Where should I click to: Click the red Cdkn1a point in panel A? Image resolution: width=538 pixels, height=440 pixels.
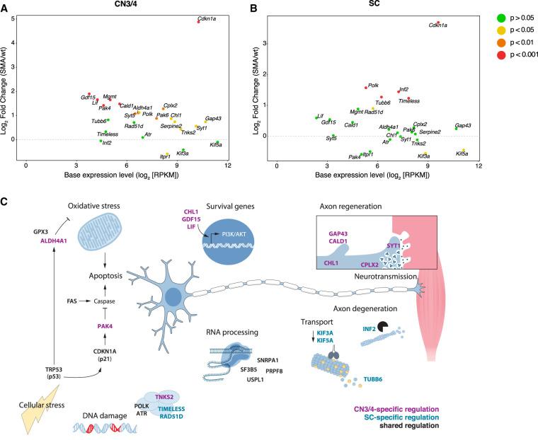coord(199,21)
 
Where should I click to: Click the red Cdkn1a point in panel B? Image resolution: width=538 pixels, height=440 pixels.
coord(438,22)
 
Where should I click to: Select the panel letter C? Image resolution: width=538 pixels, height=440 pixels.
coord(5,202)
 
